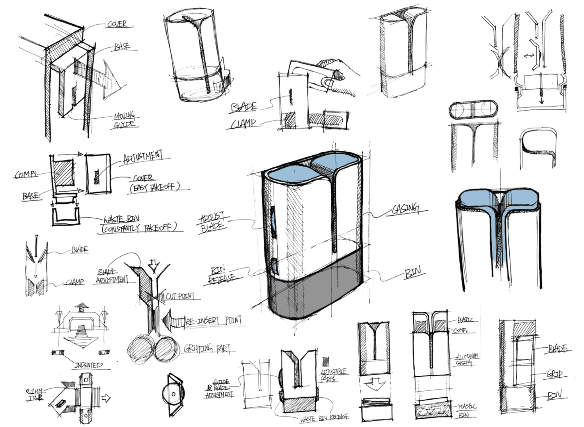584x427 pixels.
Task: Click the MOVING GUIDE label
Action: point(125,120)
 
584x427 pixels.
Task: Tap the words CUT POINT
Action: point(180,296)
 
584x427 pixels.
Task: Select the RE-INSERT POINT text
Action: point(213,321)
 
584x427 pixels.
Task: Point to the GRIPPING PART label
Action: point(207,348)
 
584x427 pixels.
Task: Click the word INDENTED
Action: point(88,365)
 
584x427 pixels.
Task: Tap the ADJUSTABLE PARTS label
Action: point(333,375)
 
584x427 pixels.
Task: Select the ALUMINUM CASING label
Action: point(466,359)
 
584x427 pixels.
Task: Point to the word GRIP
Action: point(554,374)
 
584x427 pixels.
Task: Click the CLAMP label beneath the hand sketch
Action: point(243,124)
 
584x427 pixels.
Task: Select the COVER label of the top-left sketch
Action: point(117,24)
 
